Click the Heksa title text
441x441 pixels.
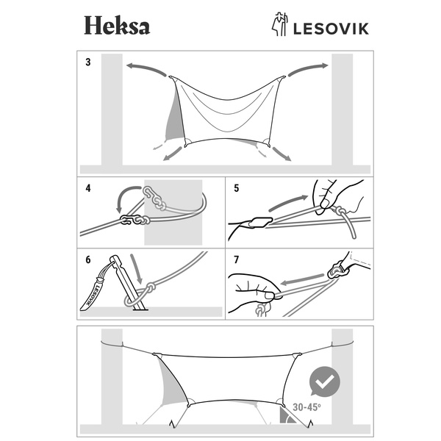click(x=116, y=26)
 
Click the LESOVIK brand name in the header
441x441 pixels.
click(x=326, y=28)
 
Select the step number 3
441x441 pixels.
click(x=88, y=62)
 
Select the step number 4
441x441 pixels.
click(x=88, y=188)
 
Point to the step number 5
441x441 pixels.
click(x=236, y=188)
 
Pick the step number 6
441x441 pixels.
click(x=88, y=259)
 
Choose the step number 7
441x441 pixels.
click(x=236, y=259)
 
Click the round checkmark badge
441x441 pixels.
click(x=324, y=381)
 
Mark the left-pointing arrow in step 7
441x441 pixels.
click(x=304, y=279)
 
